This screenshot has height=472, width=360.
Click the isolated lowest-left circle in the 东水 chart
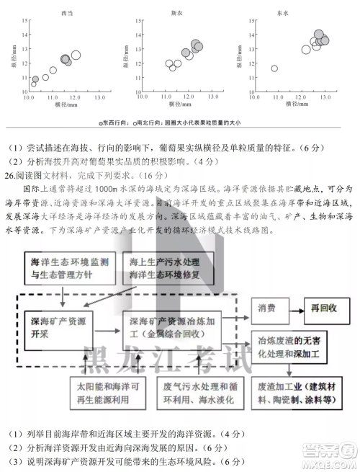(274, 68)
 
